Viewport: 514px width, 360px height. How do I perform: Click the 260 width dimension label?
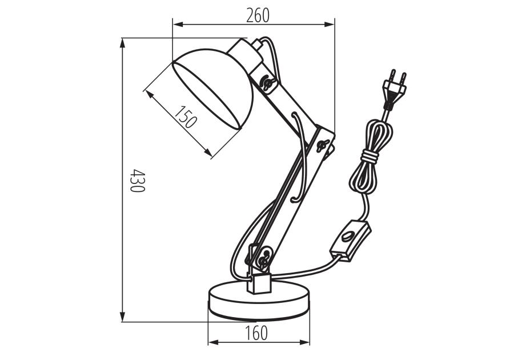[258, 15]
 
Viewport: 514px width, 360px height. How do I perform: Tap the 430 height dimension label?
[136, 180]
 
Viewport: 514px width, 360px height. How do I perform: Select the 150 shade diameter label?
[186, 117]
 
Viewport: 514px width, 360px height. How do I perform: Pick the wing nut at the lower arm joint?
[263, 261]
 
